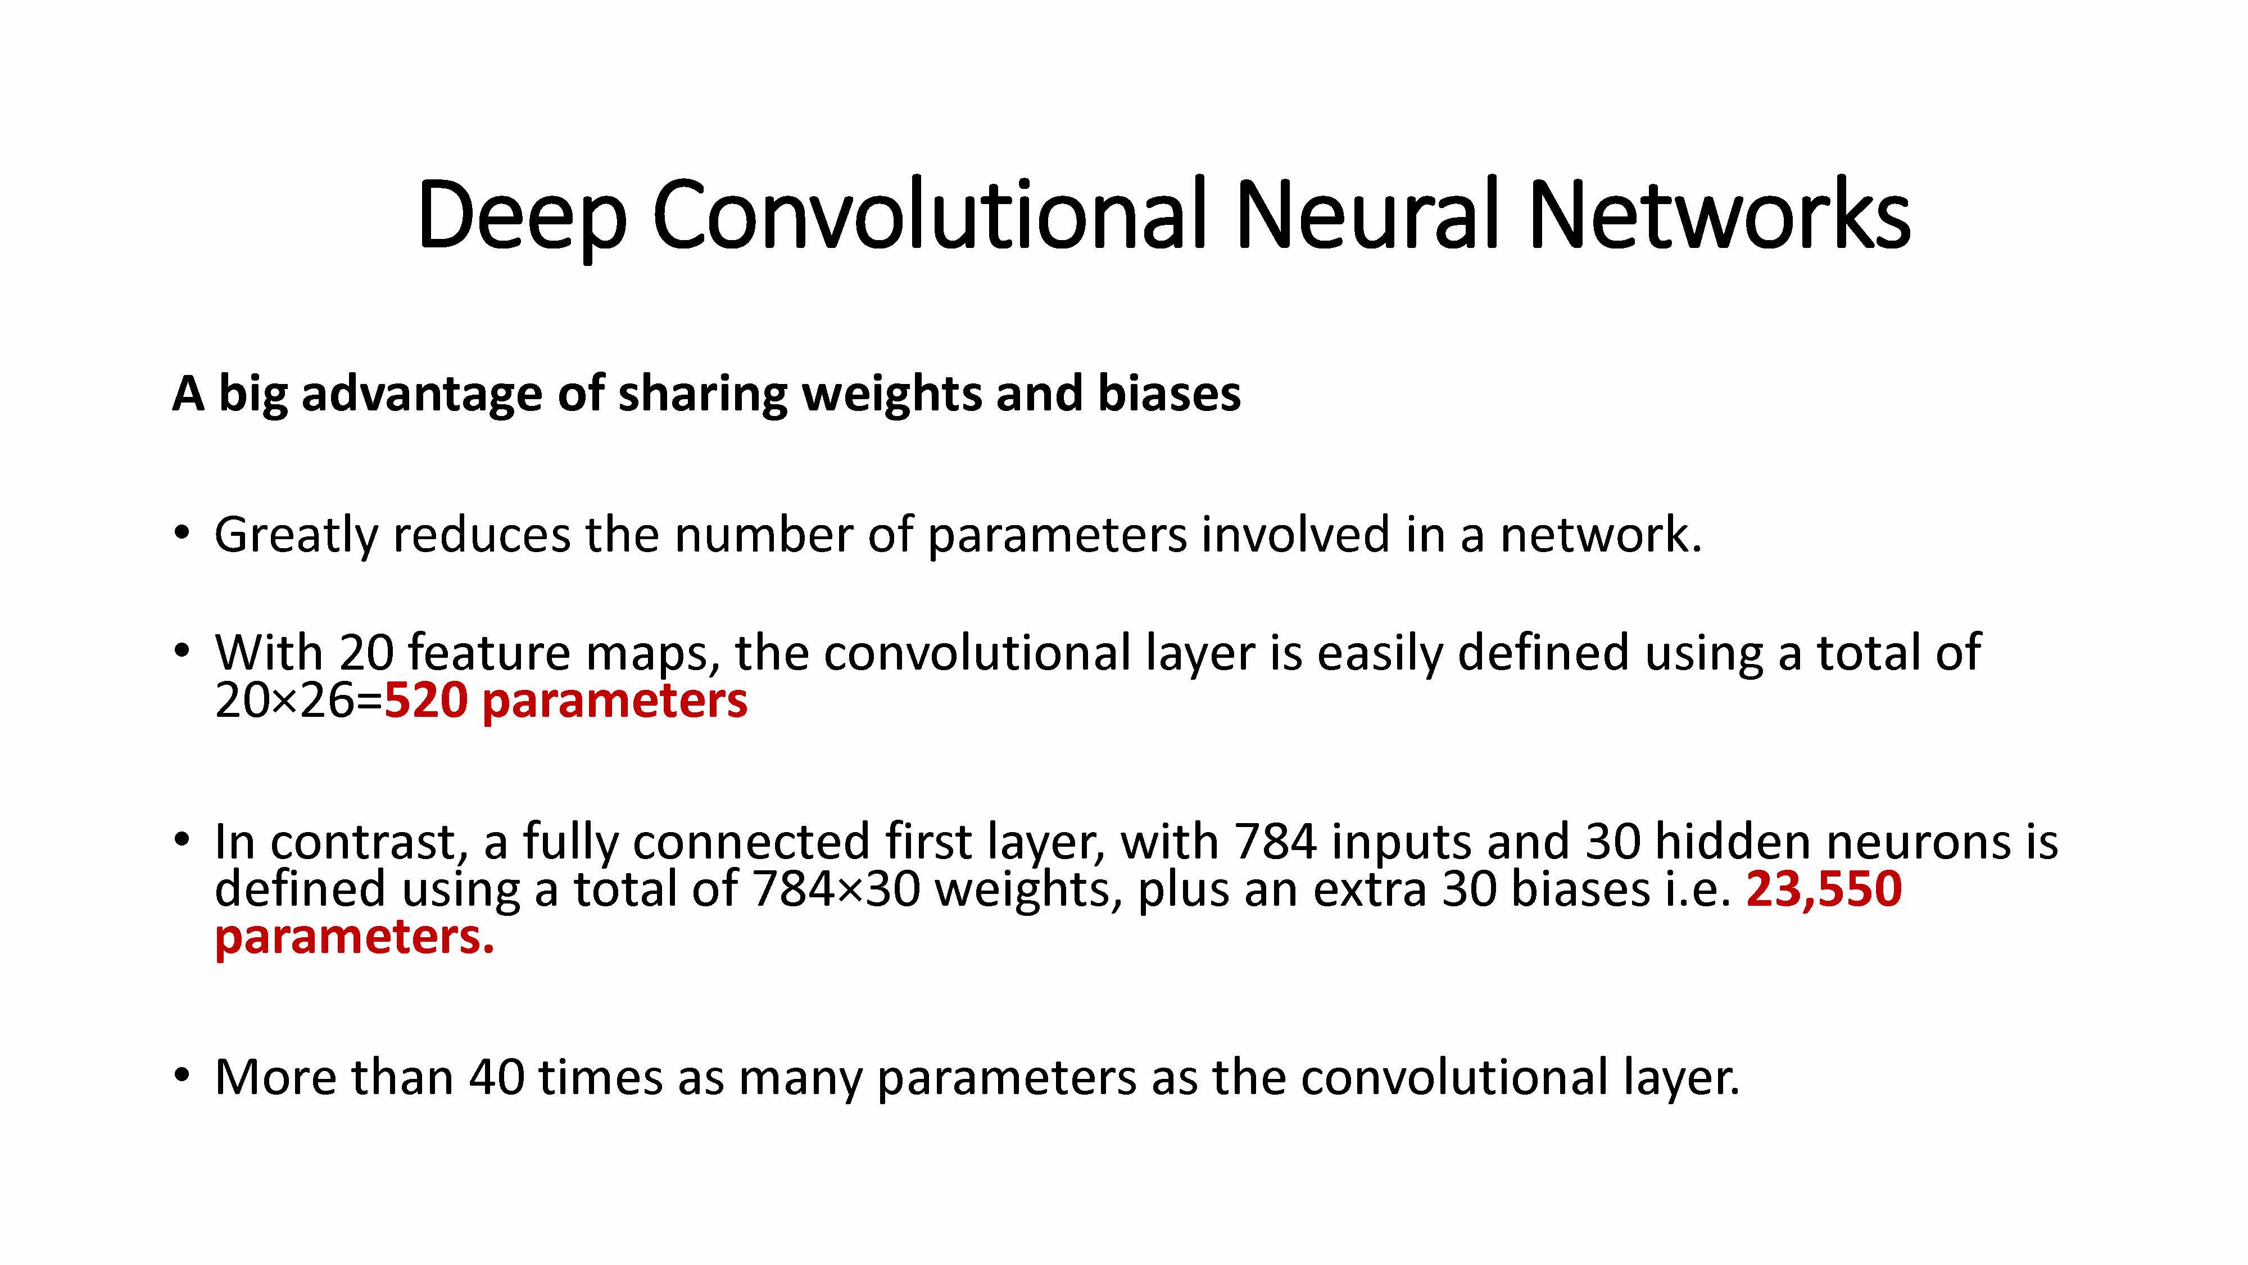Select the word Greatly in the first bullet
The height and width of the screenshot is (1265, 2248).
[296, 535]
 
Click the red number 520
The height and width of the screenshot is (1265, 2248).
[426, 701]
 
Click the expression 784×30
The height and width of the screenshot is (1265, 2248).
[835, 889]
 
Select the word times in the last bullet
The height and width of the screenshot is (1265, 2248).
[600, 1077]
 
